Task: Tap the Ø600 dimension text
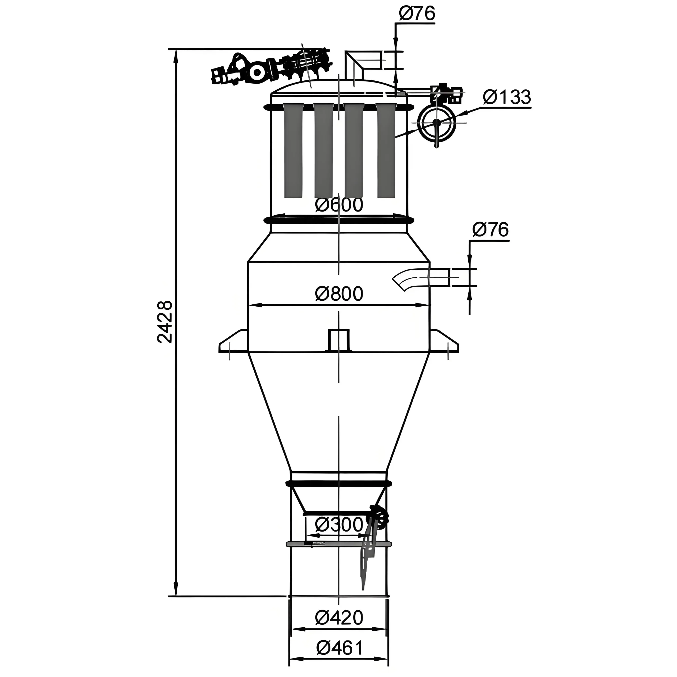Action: (x=339, y=205)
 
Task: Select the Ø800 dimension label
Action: (x=339, y=294)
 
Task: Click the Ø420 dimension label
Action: (x=339, y=617)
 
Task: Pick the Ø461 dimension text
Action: (x=340, y=648)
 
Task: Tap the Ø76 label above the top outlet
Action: (x=417, y=14)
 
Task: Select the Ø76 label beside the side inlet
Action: (x=490, y=230)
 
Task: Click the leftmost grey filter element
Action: (x=293, y=150)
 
